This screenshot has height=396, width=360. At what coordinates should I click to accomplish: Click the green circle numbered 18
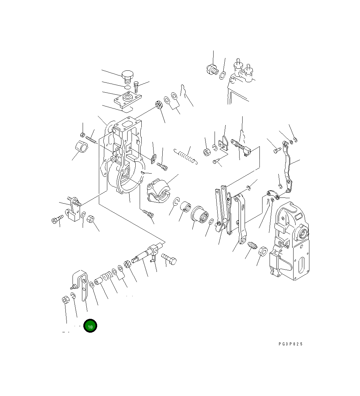90,326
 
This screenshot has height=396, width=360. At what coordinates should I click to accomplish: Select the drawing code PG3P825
290,344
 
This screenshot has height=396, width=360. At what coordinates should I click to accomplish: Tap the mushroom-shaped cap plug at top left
128,77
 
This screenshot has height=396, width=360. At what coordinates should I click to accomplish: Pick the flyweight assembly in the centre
158,191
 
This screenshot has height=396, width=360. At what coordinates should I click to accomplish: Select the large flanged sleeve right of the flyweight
200,215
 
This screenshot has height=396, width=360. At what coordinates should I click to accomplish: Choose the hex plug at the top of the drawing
212,70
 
